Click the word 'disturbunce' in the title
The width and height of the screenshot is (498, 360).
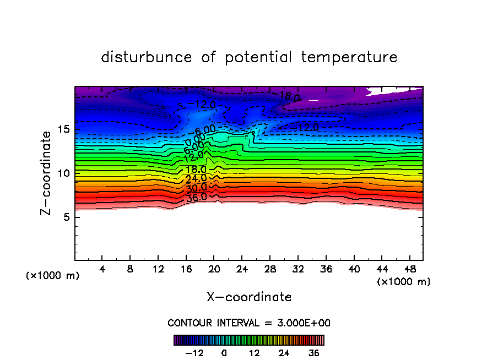point(147,57)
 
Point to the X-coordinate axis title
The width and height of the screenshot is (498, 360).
point(249,297)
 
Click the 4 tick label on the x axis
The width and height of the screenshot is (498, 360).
point(102,269)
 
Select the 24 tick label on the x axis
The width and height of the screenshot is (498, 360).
point(242,269)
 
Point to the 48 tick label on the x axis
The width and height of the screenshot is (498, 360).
point(409,269)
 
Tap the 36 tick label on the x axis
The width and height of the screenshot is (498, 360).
point(326,269)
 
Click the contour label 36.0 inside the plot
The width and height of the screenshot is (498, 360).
point(196,197)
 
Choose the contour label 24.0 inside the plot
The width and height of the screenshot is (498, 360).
point(196,178)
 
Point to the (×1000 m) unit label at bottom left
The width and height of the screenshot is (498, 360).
point(53,276)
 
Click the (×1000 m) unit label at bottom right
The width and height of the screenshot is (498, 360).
point(404,282)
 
